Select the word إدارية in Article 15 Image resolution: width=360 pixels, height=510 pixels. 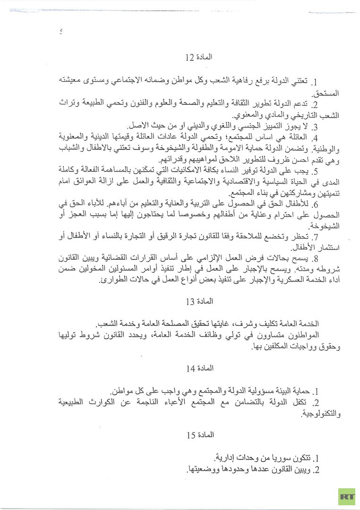click(x=226, y=458)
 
